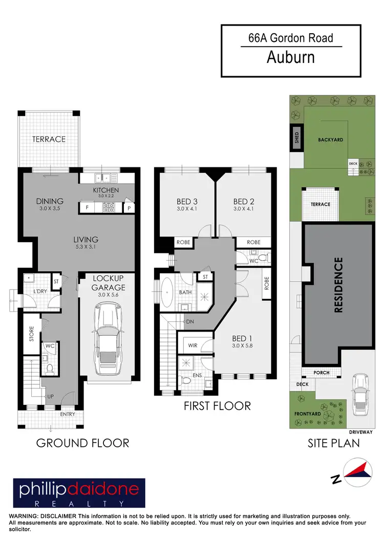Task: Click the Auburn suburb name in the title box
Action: click(291, 57)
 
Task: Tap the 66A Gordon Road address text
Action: click(291, 37)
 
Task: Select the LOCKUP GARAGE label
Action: click(109, 283)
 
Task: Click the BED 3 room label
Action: click(187, 201)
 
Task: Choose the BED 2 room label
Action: click(244, 201)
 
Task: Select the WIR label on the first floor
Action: click(193, 345)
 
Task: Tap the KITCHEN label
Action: click(106, 190)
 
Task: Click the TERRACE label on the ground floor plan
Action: click(49, 139)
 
